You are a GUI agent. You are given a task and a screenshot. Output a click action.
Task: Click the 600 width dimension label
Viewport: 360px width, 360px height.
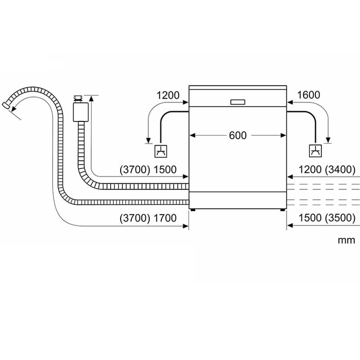[x=238, y=135]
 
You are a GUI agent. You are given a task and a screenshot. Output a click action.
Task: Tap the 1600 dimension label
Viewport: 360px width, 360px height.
[x=308, y=95]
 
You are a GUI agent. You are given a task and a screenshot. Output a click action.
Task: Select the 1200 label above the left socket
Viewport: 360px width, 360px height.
[x=168, y=95]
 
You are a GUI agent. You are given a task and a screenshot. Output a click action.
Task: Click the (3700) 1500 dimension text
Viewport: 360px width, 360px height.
[x=148, y=170]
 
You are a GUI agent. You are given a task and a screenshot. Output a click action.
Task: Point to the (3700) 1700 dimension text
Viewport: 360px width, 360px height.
[x=148, y=218]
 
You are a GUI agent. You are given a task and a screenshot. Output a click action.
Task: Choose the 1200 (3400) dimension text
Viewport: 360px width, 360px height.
[x=327, y=170]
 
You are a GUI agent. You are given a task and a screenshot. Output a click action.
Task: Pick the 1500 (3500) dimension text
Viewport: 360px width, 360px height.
[x=327, y=218]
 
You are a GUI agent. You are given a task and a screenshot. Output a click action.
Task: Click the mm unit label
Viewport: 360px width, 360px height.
[x=346, y=240]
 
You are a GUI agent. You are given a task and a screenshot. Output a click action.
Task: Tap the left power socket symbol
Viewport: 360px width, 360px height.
[x=161, y=151]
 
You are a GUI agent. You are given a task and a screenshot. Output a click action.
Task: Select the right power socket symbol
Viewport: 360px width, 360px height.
[x=315, y=151]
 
